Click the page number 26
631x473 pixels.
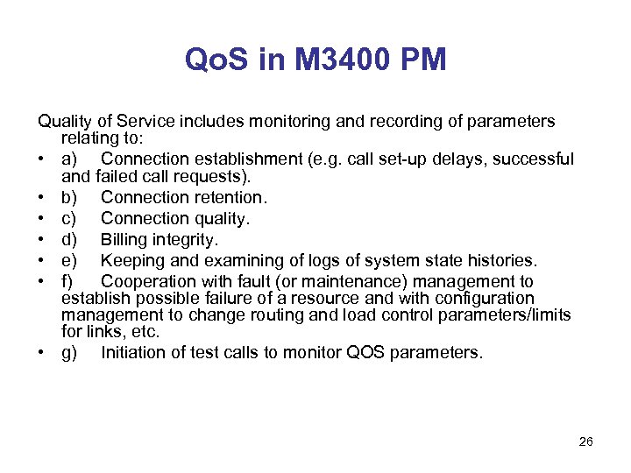(586, 441)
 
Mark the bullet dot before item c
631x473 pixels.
(43, 219)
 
